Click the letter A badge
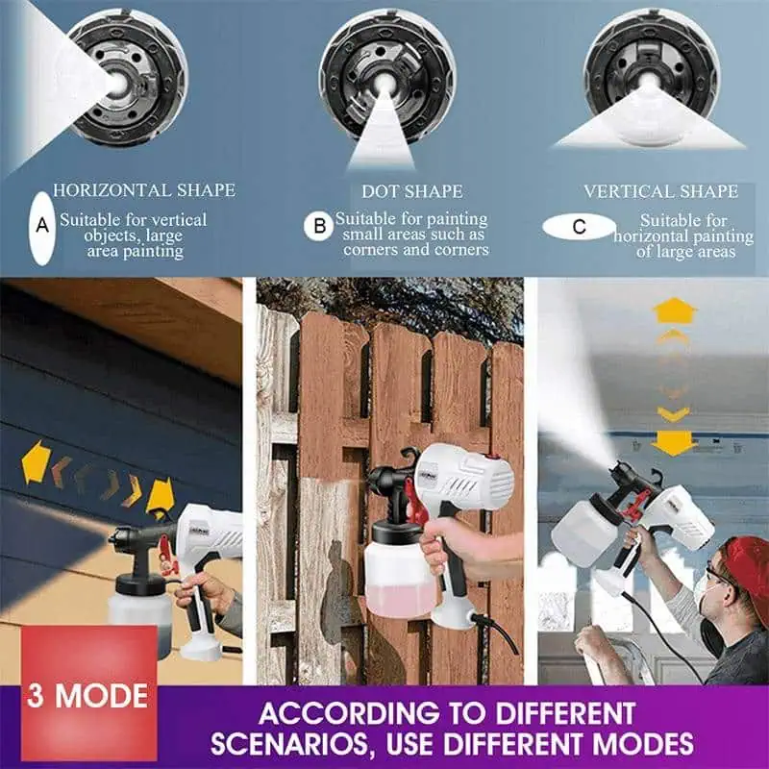pos(41,227)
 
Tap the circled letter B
pos(319,227)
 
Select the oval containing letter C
pos(579,227)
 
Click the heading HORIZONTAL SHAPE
pos(144,190)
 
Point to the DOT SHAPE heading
pos(412,191)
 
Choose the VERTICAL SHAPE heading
pos(660,191)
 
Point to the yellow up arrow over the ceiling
pos(675,310)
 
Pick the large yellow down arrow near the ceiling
pos(674,443)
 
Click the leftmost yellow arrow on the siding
pos(36,461)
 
